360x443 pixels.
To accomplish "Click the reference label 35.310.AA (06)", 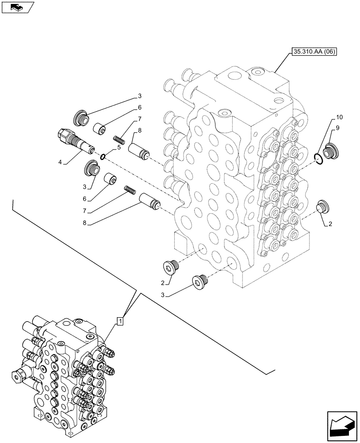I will pos(314,52).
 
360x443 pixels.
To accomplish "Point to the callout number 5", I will pos(118,148).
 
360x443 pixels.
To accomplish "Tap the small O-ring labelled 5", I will pos(102,155).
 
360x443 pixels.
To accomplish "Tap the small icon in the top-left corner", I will pos(18,7).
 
